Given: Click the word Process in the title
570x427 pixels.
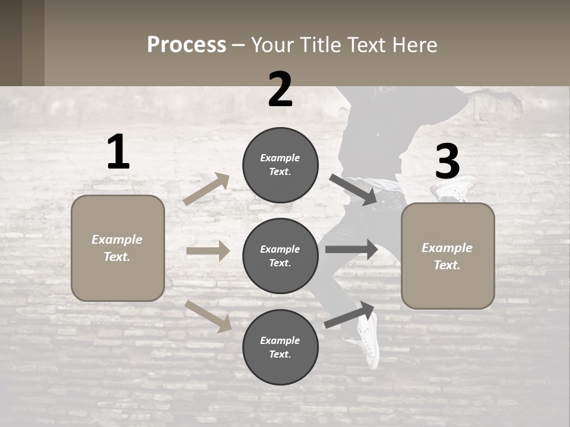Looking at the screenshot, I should [186, 44].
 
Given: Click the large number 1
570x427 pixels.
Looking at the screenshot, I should [118, 152].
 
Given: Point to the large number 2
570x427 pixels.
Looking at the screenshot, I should [280, 90].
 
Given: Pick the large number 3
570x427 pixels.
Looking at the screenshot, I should [447, 162].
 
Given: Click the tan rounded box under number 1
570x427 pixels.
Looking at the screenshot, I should [118, 248].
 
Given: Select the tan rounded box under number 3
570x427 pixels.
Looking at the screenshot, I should [448, 256].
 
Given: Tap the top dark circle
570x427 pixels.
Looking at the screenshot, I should [280, 165].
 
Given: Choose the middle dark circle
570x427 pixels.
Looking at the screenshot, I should [280, 256].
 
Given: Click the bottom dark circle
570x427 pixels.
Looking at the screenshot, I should [280, 348].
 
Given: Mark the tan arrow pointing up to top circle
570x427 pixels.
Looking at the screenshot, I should [207, 189].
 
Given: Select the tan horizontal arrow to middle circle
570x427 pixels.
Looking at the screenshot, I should [208, 251].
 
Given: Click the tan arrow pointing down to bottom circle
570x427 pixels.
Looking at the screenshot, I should [208, 316].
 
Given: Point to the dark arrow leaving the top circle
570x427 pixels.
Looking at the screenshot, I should [353, 190].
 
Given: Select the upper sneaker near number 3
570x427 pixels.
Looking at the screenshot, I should [456, 187].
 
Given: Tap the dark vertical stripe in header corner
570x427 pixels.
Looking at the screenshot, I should [33, 43].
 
